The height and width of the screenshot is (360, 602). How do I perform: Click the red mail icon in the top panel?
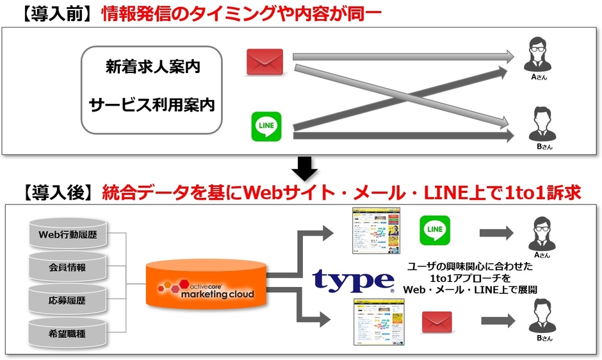coord(265,63)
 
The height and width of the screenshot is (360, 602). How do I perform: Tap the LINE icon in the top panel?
coord(266,126)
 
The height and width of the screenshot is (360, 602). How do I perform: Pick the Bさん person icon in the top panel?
coord(538,124)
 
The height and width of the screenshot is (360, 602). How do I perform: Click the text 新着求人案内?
coord(152,67)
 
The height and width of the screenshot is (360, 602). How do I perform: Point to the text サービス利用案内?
coord(152,104)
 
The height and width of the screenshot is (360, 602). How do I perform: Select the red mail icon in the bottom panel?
coord(437,322)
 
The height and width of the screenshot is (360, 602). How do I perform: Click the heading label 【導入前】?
coord(57,13)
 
